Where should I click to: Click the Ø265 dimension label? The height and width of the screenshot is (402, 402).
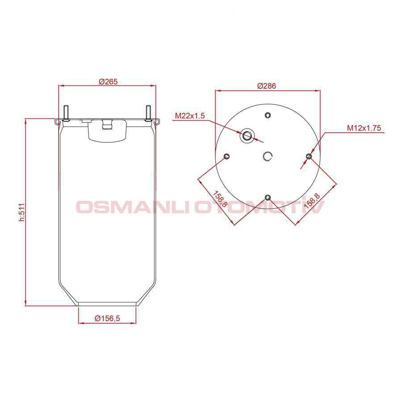coord(108,82)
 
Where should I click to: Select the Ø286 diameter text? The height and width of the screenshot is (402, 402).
coord(267,86)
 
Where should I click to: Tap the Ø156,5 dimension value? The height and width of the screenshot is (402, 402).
coord(107,318)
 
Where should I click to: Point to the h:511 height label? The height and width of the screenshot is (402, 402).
coord(22,213)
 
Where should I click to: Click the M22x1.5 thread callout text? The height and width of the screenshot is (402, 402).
coord(190,116)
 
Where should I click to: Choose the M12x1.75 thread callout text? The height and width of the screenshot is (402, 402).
coord(364,128)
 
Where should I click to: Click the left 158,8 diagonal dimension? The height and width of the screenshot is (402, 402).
coord(220,199)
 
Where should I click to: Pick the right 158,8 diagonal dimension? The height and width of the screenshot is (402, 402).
coord(312,201)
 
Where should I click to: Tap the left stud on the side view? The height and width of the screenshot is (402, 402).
coord(65,113)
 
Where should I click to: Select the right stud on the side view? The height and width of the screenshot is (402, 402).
coord(148,113)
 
